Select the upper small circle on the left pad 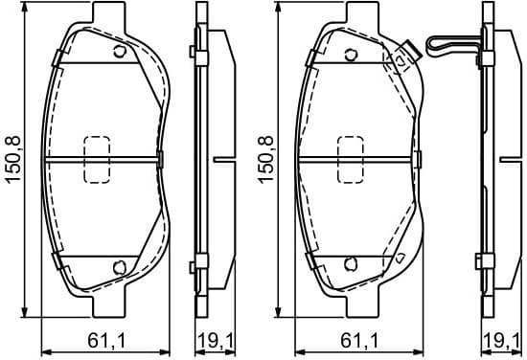[119, 52]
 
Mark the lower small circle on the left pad [119, 266]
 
